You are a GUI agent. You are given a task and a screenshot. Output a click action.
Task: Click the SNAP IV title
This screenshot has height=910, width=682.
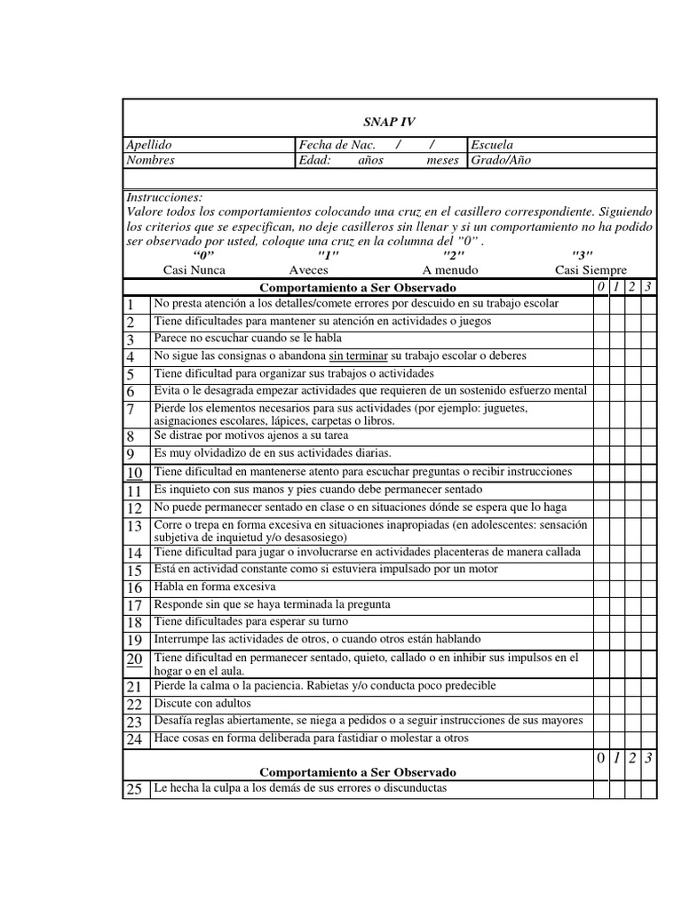pos(389,122)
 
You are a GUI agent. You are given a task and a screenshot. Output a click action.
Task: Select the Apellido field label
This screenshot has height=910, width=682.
pos(149,145)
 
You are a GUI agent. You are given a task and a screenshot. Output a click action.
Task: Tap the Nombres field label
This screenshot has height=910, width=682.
pos(150,161)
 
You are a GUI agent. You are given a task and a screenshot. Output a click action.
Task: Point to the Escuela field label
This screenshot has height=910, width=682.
pos(492,145)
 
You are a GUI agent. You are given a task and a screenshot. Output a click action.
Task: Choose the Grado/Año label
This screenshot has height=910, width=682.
pos(501,161)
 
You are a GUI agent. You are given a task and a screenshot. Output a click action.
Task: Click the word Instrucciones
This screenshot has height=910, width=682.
pos(164,197)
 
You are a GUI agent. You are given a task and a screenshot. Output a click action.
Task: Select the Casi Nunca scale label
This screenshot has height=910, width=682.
pos(194,270)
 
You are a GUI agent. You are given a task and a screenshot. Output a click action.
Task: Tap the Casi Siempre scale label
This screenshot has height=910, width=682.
pos(591,270)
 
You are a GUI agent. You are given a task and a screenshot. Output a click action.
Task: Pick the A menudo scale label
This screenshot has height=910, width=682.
pos(450,270)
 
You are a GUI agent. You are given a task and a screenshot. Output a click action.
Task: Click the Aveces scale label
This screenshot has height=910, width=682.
pos(309,270)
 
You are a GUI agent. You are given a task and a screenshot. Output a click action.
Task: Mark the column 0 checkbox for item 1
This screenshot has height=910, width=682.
pos(601,304)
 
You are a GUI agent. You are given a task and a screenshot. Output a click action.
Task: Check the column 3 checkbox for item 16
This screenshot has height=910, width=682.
pos(649,587)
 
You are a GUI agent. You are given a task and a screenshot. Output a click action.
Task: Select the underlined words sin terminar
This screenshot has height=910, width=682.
pos(360,355)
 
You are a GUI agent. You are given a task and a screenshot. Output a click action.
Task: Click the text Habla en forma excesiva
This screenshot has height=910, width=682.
pos(214,587)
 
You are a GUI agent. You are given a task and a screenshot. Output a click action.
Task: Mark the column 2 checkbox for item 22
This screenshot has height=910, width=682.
pos(633,704)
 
